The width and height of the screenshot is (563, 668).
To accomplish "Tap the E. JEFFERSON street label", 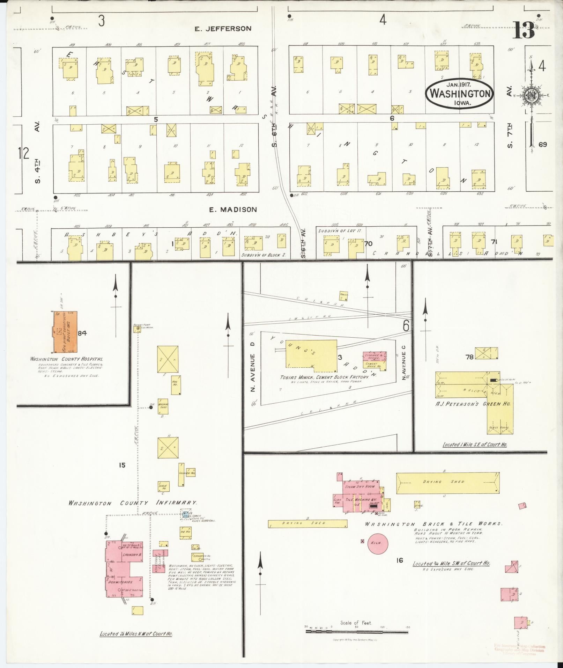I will pos(223,29).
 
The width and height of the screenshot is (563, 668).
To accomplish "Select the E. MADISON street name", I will pos(233,210).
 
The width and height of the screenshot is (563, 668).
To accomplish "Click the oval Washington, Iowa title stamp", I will pos(459,93).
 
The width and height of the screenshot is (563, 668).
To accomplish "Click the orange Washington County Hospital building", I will pos(65,332).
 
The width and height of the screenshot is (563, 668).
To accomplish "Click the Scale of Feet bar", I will pos(356,631).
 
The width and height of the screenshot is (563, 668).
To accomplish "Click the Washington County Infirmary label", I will pos(133,503).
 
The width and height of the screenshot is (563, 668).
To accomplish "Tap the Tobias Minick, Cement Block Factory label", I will pos(324,377).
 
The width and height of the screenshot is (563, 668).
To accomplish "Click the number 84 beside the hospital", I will pos(82,333).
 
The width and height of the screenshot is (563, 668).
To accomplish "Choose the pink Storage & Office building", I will pos(374,356).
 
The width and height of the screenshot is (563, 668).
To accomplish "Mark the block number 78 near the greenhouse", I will pos(469,357).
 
